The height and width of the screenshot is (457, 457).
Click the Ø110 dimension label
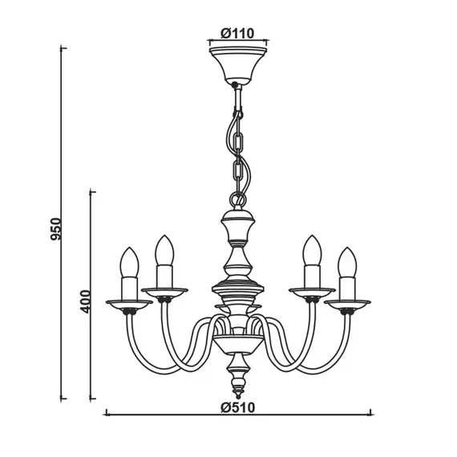237,33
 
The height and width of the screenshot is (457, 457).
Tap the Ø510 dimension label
237,407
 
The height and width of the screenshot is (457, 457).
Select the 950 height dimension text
55,228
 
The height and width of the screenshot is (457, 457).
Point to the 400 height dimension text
86,301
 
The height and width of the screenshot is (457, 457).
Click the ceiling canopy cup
238,66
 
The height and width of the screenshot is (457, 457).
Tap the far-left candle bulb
129,262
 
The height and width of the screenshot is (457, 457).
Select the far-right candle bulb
347,262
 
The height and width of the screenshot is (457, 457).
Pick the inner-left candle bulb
164,250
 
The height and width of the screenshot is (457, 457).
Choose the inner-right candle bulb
312,250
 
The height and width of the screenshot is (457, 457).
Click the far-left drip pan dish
129,305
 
